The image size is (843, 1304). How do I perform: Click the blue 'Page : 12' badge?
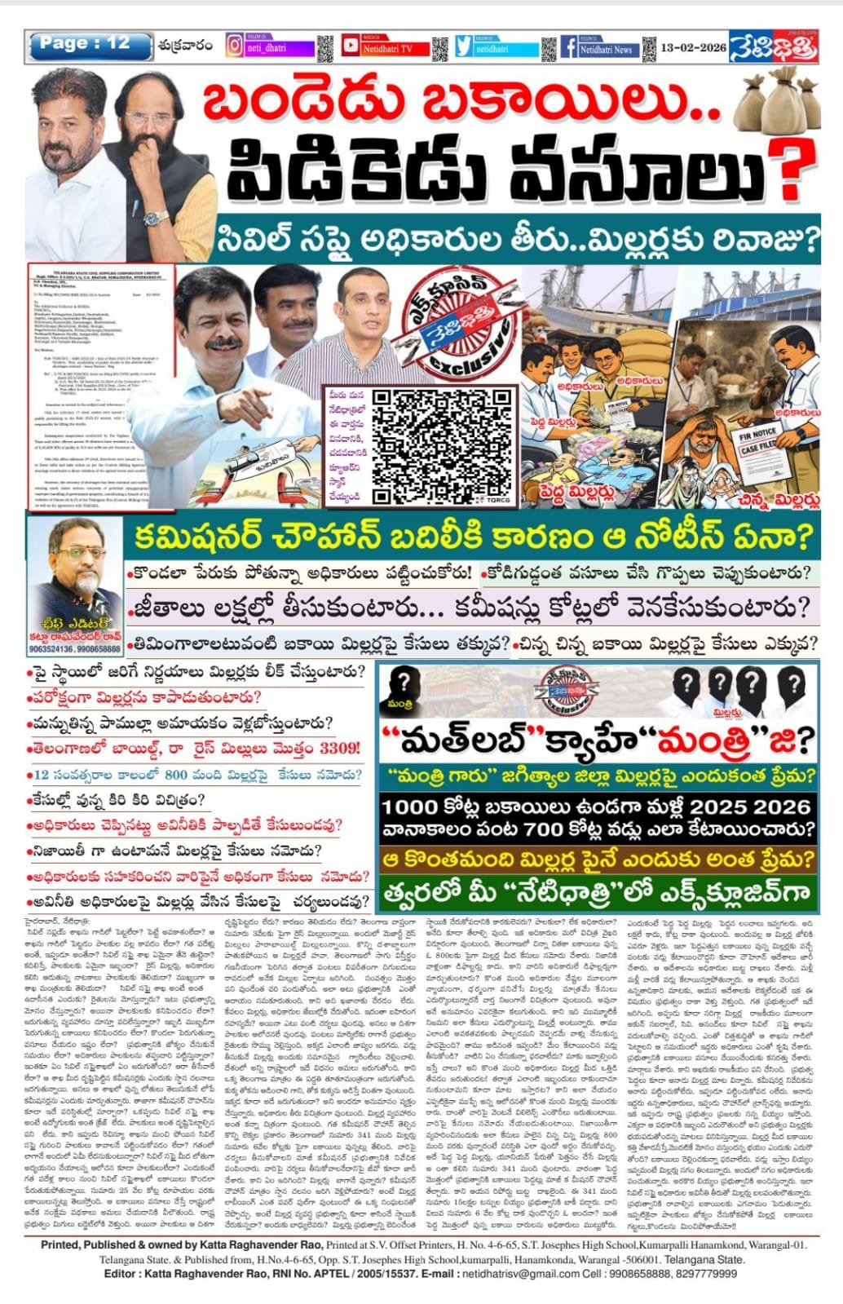pyautogui.click(x=89, y=46)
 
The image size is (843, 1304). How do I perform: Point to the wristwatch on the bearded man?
pyautogui.click(x=156, y=219)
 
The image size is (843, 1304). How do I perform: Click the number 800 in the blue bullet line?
pyautogui.click(x=176, y=775)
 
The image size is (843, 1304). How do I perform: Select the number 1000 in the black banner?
pyautogui.click(x=412, y=807)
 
